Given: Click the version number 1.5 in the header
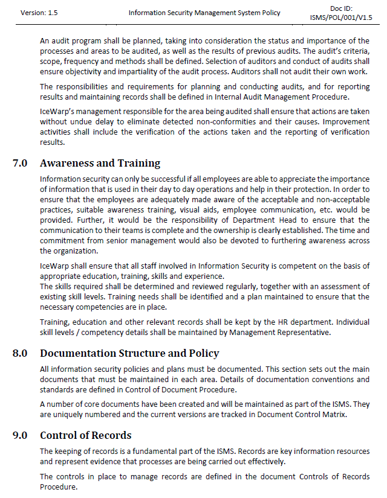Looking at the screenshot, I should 51,12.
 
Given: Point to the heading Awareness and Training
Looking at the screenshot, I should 100,163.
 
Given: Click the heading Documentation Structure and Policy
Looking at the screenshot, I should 129,353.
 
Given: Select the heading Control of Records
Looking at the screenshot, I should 85,435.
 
